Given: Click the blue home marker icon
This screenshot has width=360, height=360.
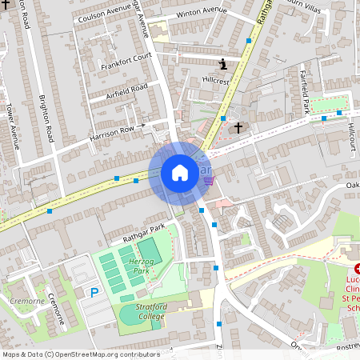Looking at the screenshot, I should click(x=179, y=173).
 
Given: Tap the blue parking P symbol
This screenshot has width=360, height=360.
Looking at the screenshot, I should click(x=94, y=294).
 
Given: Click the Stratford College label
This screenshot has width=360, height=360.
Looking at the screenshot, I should click(x=144, y=311).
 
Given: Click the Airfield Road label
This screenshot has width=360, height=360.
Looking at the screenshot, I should click(x=127, y=91).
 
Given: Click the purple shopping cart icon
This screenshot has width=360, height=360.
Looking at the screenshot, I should click(x=209, y=181).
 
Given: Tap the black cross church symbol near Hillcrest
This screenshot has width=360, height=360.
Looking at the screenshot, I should click(x=238, y=126).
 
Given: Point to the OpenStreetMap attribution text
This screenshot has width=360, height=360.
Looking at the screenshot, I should click(x=80, y=354).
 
